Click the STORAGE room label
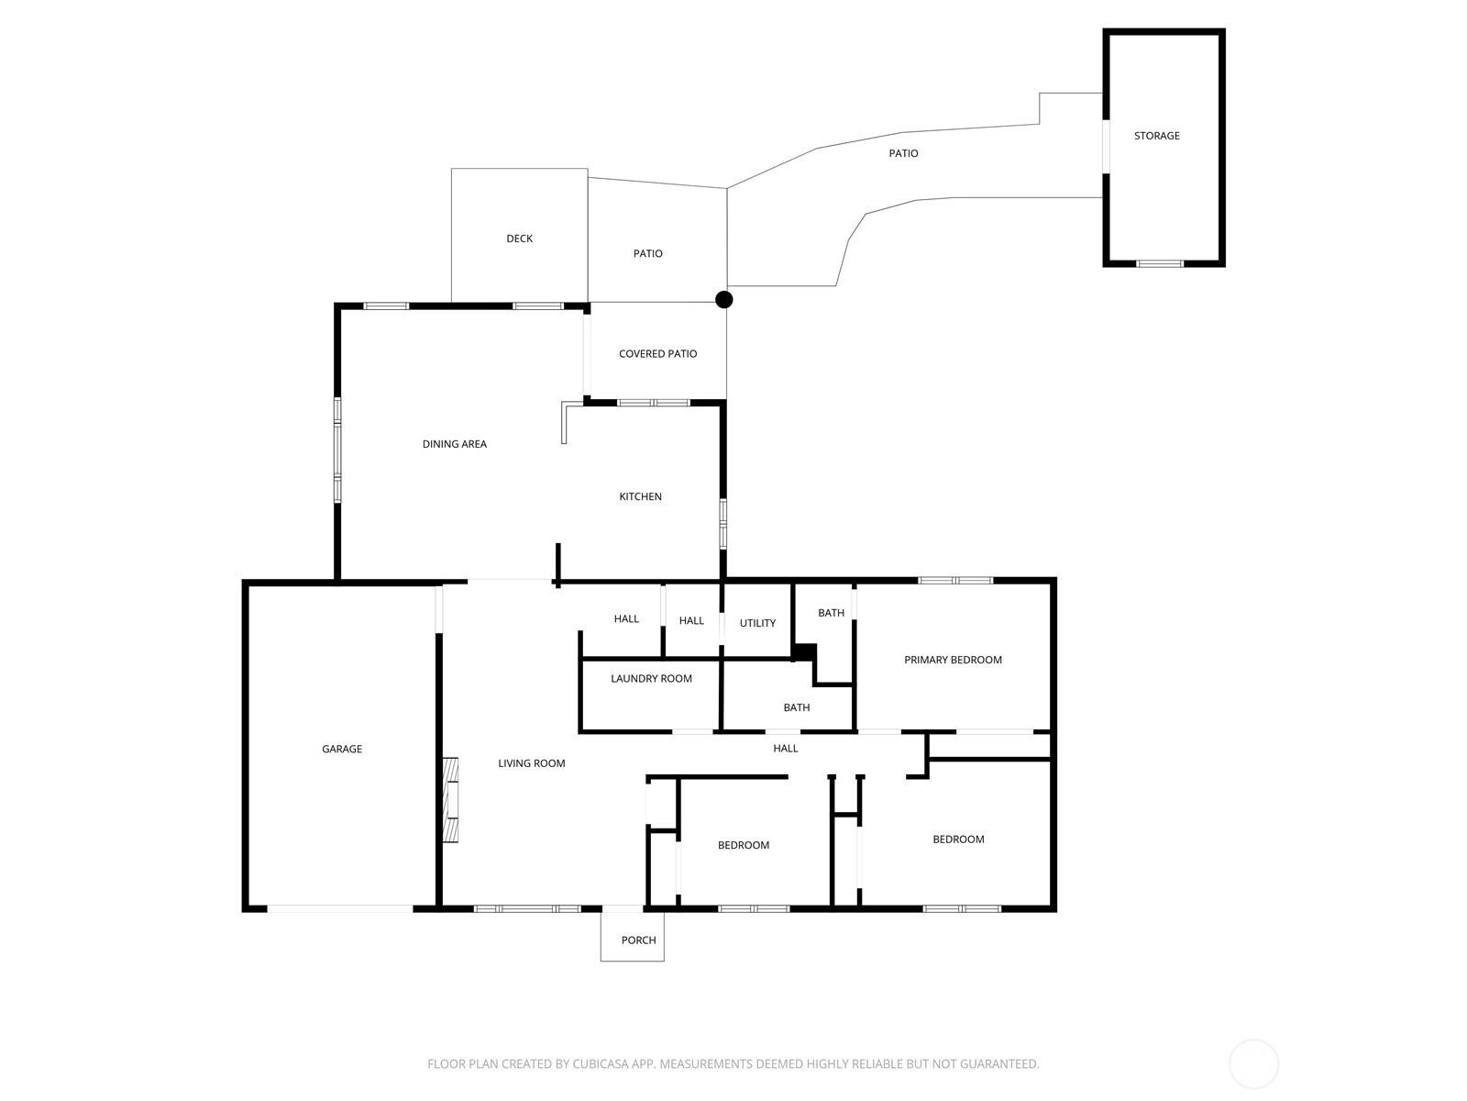click(x=1156, y=136)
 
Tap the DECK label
click(x=519, y=239)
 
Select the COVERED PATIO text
click(x=657, y=353)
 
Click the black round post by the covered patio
click(x=723, y=299)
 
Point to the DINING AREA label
click(x=455, y=444)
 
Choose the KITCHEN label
click(x=640, y=496)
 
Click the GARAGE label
click(x=341, y=750)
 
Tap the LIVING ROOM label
click(x=531, y=763)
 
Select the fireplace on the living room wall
click(x=450, y=799)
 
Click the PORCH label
click(x=638, y=940)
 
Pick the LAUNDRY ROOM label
click(x=651, y=679)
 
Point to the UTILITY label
click(x=757, y=623)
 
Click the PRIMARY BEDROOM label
click(x=953, y=660)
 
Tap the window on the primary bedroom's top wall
click(x=955, y=580)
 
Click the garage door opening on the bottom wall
click(x=340, y=908)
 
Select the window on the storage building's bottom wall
click(x=1160, y=263)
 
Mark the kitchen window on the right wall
click(x=722, y=524)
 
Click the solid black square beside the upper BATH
click(x=805, y=652)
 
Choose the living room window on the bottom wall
click(x=527, y=908)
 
